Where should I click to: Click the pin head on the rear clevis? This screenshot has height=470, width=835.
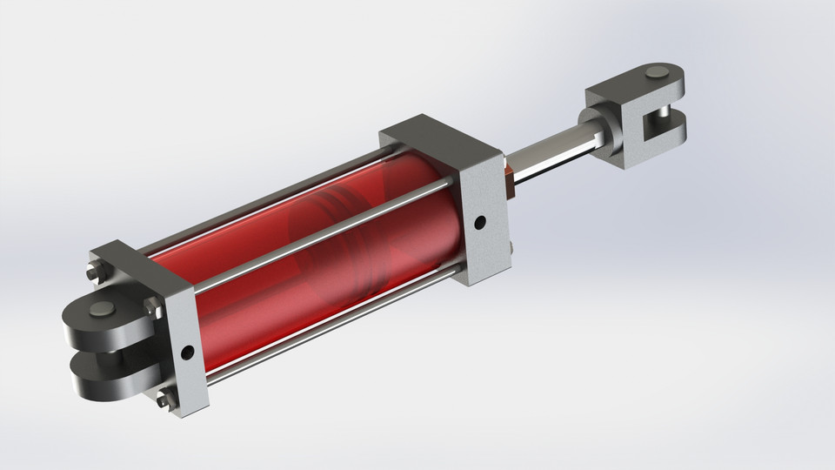(x=102, y=310)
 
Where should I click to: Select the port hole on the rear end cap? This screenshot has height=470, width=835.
(x=187, y=353)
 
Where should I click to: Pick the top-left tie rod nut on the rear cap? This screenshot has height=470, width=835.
(x=95, y=277)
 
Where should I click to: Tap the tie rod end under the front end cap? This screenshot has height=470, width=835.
(x=509, y=252)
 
